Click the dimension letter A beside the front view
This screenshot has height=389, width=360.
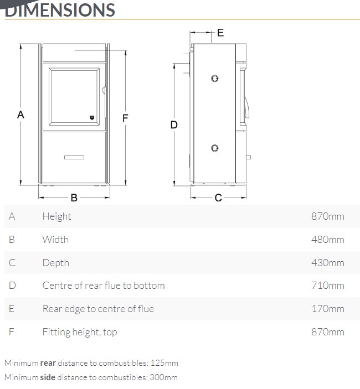[x=20, y=115]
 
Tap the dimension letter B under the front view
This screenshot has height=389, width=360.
[x=74, y=198]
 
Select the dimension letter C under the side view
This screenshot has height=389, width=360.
[x=218, y=198]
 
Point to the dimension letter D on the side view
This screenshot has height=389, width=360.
[x=174, y=125]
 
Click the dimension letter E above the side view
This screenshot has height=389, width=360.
[x=220, y=33]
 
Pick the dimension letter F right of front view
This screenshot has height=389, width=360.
[x=125, y=118]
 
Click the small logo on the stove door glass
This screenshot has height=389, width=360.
[x=92, y=117]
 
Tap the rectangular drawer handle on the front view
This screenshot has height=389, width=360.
[x=74, y=157]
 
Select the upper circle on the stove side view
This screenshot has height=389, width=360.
[x=215, y=79]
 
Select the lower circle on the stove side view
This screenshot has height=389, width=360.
[x=215, y=148]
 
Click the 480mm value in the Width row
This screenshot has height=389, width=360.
[x=328, y=240]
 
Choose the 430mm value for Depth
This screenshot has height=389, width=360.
[x=328, y=263]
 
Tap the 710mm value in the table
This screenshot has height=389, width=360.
[x=328, y=286]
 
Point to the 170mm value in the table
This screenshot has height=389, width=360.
[x=328, y=309]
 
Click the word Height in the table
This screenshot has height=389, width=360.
[x=57, y=216]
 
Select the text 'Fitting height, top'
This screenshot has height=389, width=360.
[x=80, y=332]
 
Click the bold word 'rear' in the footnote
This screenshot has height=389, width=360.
[x=48, y=363]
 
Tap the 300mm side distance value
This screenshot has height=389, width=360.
[x=163, y=377]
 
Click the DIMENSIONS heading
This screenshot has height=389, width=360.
[x=60, y=10]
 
